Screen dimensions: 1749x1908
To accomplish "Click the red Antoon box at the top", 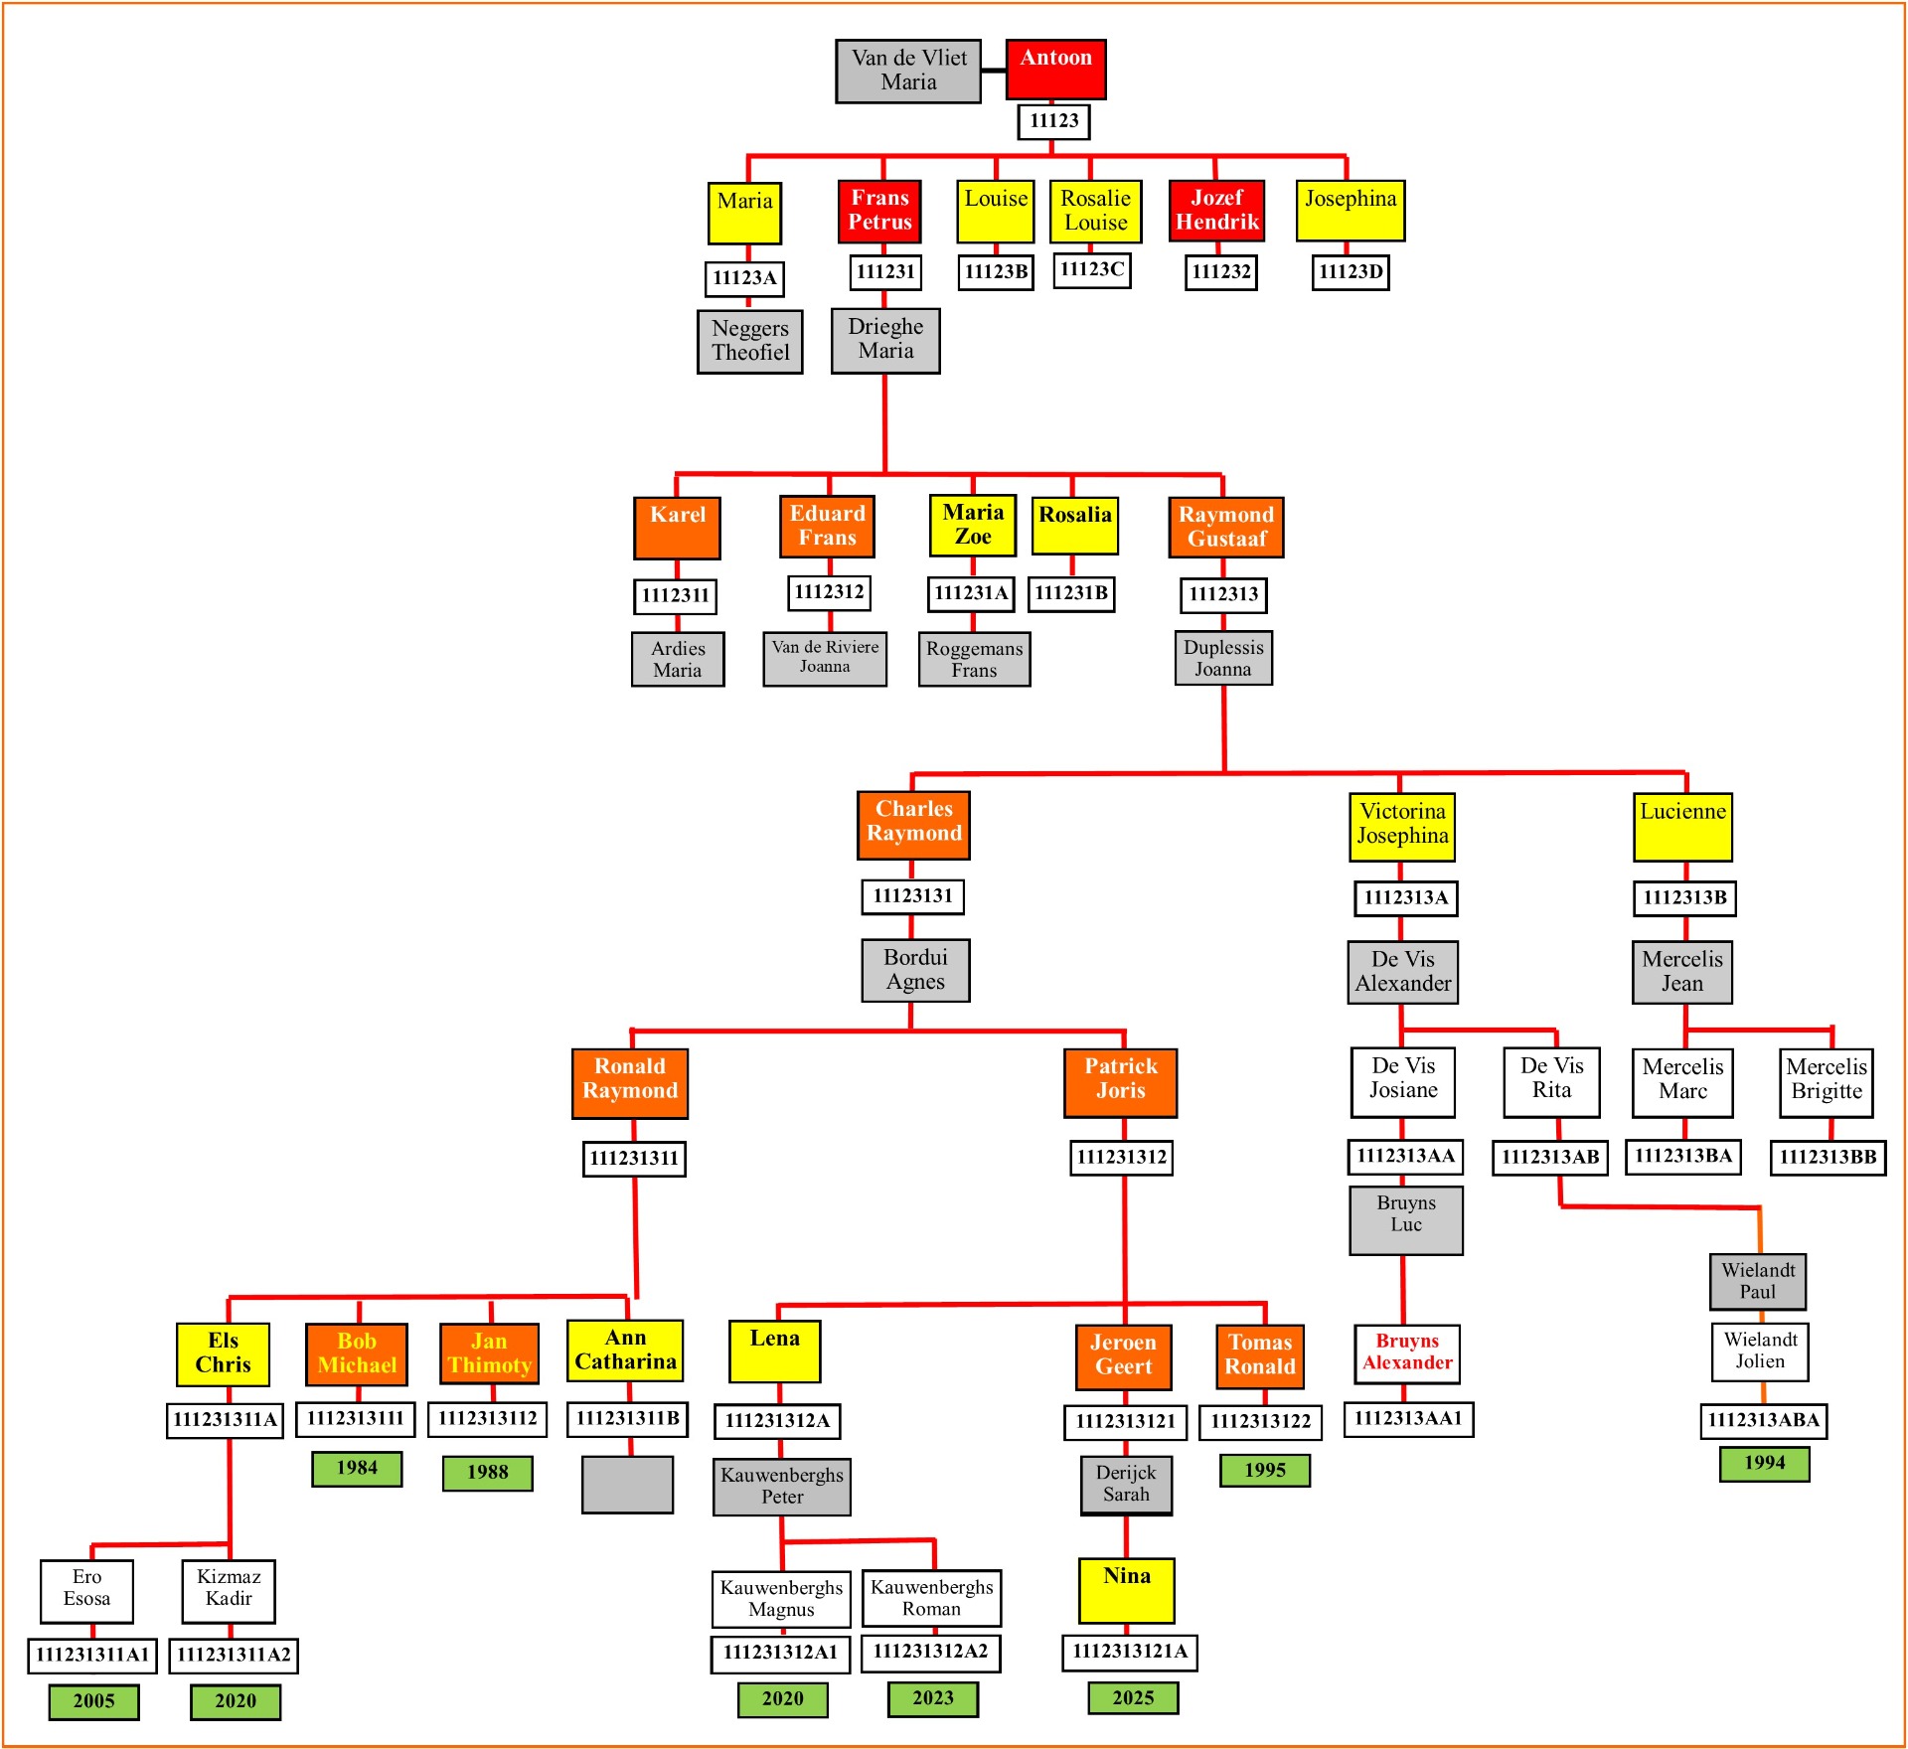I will point(1055,69).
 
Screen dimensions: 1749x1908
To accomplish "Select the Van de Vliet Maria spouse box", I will point(908,71).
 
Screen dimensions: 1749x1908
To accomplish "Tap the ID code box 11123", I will point(1053,121).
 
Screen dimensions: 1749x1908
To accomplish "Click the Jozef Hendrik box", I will point(1216,210).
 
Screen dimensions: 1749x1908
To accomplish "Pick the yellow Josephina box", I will point(1350,210).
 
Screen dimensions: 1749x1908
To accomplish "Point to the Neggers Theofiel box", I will point(750,341).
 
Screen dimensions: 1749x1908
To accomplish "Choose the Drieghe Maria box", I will point(885,340).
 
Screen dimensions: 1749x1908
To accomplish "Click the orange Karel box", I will point(677,527).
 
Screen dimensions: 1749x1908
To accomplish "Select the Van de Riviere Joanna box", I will point(825,658).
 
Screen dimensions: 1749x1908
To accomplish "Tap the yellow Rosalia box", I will point(1074,525).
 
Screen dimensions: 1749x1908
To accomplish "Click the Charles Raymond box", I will point(913,824).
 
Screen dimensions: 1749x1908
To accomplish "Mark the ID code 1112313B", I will point(1684,897).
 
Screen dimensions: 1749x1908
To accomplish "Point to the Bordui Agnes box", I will point(915,970).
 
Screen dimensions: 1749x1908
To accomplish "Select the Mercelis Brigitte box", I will point(1826,1081).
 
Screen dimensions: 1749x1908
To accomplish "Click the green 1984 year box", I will point(357,1468).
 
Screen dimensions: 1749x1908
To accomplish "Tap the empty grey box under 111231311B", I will point(627,1484).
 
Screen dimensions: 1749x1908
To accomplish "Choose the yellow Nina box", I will point(1126,1589).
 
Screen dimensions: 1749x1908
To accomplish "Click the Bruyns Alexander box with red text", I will point(1406,1352).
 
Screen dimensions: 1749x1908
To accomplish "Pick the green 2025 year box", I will point(1133,1697).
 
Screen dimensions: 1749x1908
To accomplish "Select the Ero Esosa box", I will point(86,1589).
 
